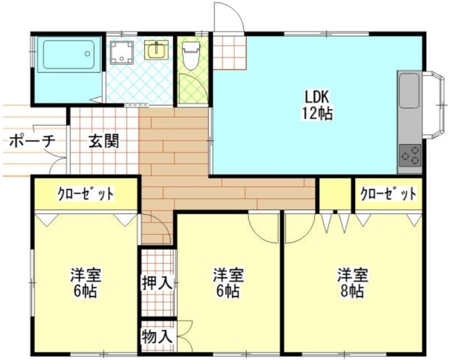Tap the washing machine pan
pos(122,51)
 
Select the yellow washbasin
pos(157,50)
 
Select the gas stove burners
pos(410,153)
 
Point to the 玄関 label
pos(103,140)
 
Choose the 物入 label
pos(157,335)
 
